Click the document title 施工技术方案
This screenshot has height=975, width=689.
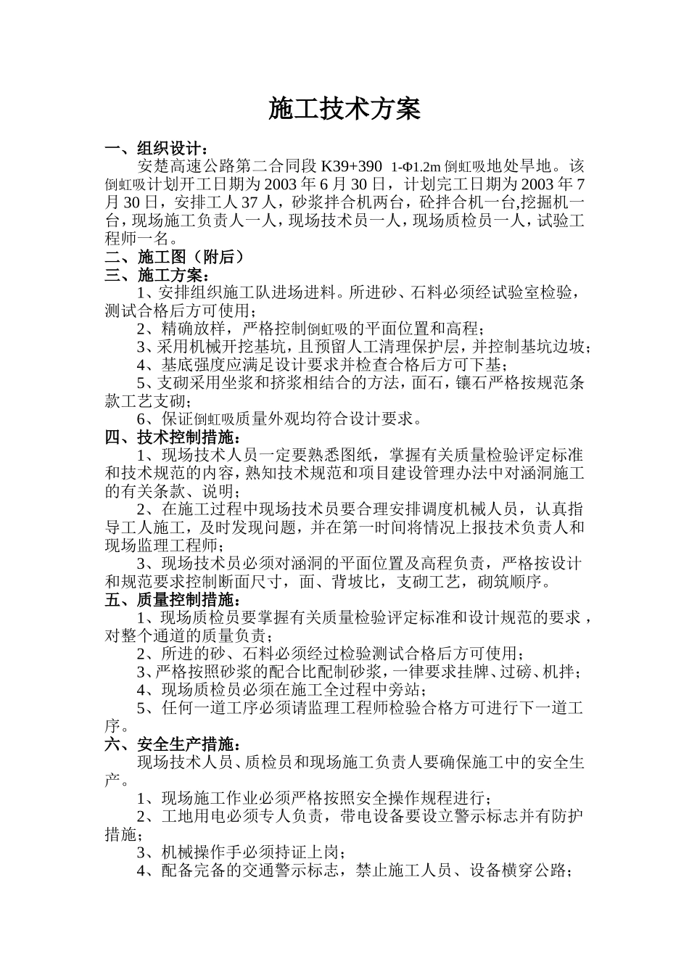[344, 110]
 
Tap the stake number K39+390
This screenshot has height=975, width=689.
[351, 166]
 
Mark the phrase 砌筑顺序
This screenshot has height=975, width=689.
[512, 581]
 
